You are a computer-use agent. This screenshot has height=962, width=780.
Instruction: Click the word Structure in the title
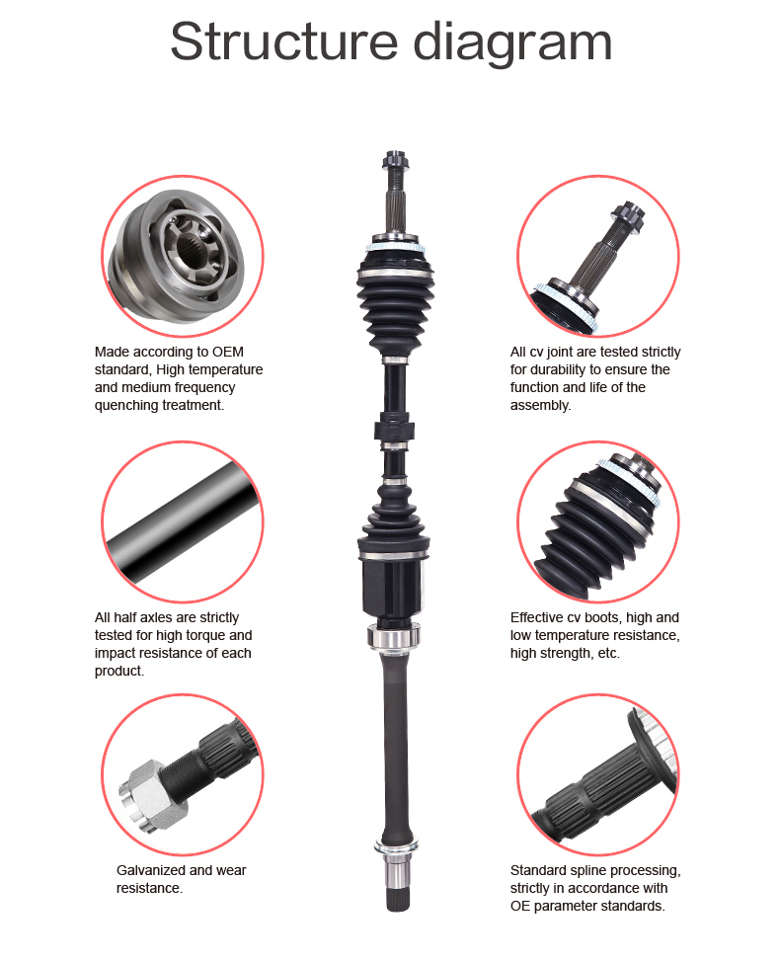[x=284, y=41]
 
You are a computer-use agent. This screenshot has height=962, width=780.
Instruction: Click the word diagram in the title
[x=512, y=42]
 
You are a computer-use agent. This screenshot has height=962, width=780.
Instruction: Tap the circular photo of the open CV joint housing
[x=182, y=256]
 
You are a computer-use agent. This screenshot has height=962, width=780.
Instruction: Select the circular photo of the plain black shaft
[x=182, y=521]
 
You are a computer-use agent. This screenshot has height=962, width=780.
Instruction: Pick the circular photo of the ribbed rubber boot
[x=598, y=521]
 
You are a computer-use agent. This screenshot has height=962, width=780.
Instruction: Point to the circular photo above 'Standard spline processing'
[x=598, y=775]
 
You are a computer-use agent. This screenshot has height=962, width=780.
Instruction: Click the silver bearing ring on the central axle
[x=394, y=636]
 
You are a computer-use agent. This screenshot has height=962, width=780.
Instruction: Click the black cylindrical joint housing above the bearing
[x=393, y=586]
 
